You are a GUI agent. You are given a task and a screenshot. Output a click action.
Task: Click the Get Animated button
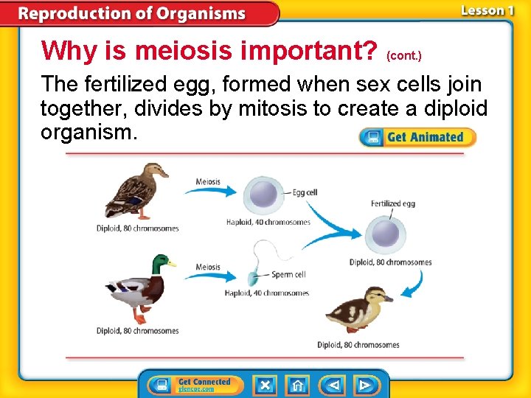point(417,137)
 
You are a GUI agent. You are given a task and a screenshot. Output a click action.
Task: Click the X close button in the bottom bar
point(265,385)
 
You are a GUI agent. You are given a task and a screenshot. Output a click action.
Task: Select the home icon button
point(297,385)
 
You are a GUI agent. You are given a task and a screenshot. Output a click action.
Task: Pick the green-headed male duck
point(140,289)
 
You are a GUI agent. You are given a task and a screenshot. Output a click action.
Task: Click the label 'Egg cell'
point(305,193)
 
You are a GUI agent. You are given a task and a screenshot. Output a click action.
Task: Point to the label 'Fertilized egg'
point(393,204)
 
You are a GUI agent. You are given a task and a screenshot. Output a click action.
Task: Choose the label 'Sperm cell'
point(289,275)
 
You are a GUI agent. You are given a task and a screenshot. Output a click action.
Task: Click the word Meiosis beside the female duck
point(208,182)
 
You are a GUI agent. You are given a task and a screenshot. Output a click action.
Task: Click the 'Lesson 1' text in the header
point(487,10)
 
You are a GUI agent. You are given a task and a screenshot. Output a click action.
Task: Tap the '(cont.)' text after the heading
point(404,55)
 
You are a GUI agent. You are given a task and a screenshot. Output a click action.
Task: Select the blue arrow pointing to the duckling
point(415,284)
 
